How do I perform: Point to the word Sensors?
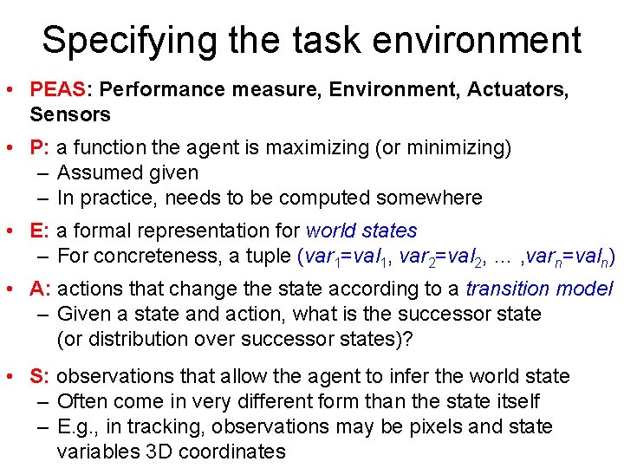click(70, 114)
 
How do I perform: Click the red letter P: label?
click(40, 147)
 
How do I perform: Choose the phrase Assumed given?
click(127, 172)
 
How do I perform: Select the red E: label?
click(40, 231)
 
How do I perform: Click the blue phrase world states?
click(361, 231)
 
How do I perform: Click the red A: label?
click(40, 289)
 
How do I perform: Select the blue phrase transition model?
click(539, 289)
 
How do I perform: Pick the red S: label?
click(40, 376)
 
